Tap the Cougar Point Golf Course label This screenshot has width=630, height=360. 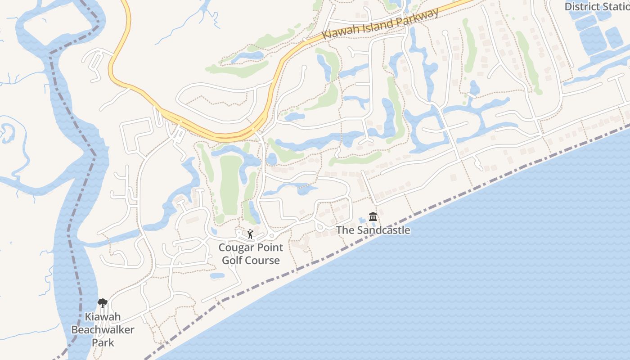click(251, 254)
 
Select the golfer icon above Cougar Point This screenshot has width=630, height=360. click(251, 234)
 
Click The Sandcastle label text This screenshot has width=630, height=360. click(373, 230)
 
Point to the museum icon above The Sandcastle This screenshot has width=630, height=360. click(373, 217)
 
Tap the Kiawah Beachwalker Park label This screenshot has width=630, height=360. click(103, 330)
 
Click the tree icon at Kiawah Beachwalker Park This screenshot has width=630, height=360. click(103, 303)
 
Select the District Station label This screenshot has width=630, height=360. click(597, 6)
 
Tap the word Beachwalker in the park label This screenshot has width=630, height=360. click(103, 330)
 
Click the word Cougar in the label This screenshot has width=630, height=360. click(235, 247)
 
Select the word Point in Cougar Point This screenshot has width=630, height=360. click(269, 247)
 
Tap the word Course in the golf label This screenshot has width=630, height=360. click(262, 261)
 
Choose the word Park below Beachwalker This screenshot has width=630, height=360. click(103, 342)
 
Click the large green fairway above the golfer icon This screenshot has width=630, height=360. click(229, 184)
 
